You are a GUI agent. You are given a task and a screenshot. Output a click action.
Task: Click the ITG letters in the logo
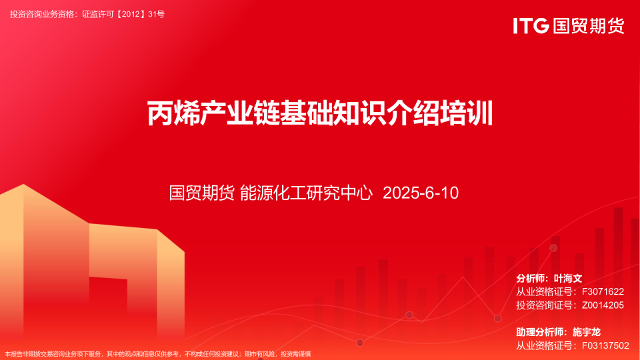[x=531, y=26]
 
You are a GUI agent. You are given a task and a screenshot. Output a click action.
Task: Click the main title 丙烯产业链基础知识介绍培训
[x=320, y=113]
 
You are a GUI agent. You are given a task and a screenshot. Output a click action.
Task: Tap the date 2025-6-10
[x=421, y=193]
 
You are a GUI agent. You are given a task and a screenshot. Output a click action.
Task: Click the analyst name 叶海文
[x=569, y=278]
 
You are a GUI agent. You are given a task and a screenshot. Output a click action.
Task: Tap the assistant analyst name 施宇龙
[x=587, y=331]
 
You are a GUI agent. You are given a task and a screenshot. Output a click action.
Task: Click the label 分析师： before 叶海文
[x=533, y=278]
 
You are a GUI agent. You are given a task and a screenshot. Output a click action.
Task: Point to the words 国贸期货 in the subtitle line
[x=201, y=193]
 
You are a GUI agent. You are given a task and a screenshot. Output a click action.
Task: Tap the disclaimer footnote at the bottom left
[x=158, y=354]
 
